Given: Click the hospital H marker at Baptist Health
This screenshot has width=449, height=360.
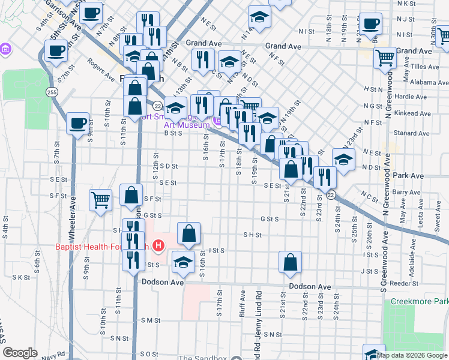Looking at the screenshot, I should tap(158, 245).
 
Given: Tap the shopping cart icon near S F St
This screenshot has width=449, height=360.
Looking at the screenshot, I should tap(101, 200).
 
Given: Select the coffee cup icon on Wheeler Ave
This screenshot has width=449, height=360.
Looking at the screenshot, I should tap(77, 124).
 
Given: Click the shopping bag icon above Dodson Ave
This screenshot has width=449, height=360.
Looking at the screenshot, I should tap(290, 262).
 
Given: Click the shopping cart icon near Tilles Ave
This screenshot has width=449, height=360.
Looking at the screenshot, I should tap(385, 58).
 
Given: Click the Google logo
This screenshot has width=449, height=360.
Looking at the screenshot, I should tap(20, 353).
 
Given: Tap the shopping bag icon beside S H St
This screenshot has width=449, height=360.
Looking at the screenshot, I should tap(188, 233).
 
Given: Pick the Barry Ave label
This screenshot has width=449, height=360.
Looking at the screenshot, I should tap(408, 192).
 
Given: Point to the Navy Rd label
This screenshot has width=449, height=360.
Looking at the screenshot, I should tap(53, 355).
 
